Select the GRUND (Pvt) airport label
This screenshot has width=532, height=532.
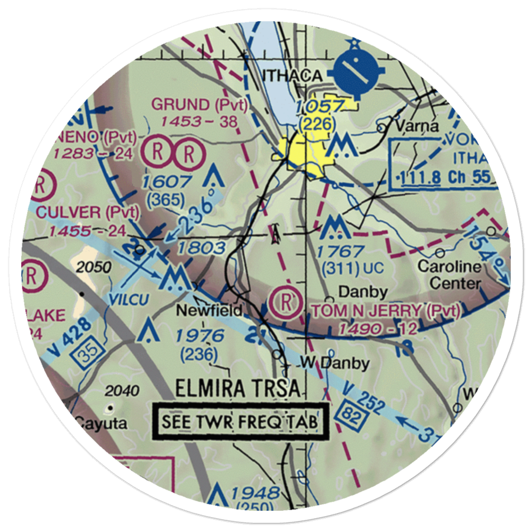click(x=199, y=104)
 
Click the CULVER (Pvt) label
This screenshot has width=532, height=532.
click(x=88, y=213)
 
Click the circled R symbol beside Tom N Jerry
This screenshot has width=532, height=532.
click(x=286, y=303)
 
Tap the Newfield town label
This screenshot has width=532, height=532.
click(x=210, y=310)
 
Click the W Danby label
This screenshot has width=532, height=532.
click(x=334, y=363)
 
